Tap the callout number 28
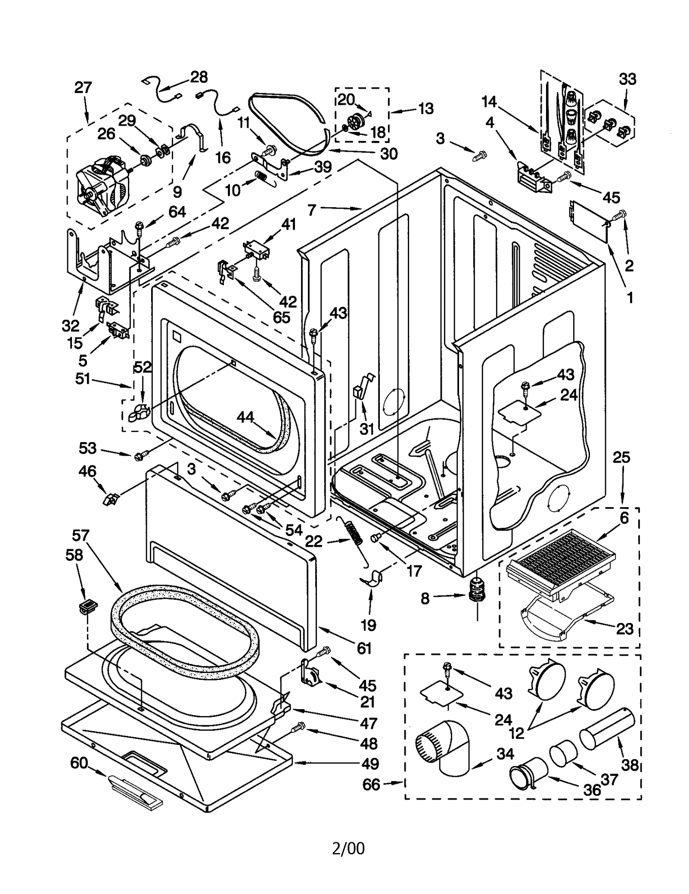[199, 77]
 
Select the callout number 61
[364, 648]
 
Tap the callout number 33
[627, 79]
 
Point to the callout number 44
[245, 417]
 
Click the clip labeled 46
[110, 499]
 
